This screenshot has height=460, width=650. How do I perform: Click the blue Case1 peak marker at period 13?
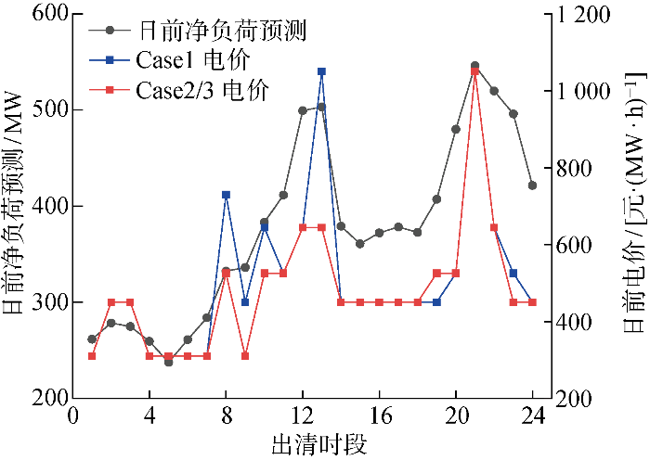pyautogui.click(x=321, y=71)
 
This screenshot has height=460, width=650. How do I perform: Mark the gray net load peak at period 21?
pyautogui.click(x=474, y=66)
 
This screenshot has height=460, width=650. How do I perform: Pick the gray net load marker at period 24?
pyautogui.click(x=532, y=185)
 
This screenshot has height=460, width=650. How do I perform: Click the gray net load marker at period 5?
pyautogui.click(x=168, y=362)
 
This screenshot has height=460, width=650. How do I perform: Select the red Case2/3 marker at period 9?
pyautogui.click(x=245, y=356)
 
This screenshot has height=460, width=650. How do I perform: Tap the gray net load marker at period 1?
pyautogui.click(x=92, y=339)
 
